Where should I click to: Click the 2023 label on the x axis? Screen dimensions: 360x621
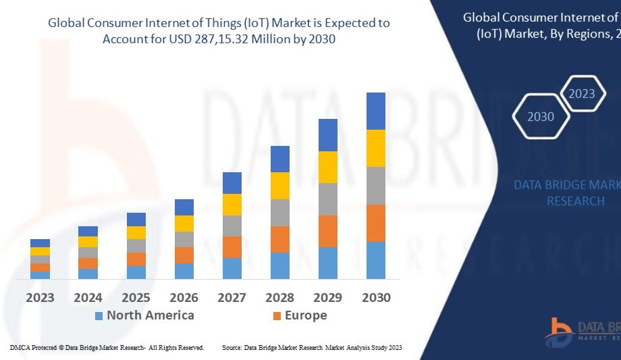click(x=40, y=297)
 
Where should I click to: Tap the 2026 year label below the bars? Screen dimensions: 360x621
click(x=184, y=297)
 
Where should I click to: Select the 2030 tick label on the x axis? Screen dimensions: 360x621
click(x=375, y=297)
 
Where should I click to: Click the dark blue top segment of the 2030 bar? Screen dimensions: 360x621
click(x=375, y=111)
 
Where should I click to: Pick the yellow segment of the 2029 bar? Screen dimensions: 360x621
click(x=327, y=167)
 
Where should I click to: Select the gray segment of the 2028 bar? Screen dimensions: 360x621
click(x=279, y=212)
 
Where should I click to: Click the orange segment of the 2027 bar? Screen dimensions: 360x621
click(x=232, y=247)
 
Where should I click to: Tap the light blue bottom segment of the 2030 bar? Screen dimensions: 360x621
click(x=375, y=260)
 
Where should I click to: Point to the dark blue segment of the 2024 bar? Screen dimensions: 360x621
click(x=88, y=231)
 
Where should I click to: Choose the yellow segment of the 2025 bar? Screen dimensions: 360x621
click(x=136, y=232)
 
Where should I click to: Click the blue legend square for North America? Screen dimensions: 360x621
click(x=99, y=315)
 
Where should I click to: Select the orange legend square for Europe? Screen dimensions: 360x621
click(x=277, y=315)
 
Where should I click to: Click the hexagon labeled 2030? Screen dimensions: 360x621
click(x=540, y=117)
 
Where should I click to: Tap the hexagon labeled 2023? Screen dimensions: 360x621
click(x=582, y=94)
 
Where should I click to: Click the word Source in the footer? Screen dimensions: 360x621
click(x=232, y=347)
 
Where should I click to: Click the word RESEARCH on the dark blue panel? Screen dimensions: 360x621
click(x=575, y=201)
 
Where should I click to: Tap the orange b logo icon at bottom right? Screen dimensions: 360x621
click(x=560, y=330)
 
